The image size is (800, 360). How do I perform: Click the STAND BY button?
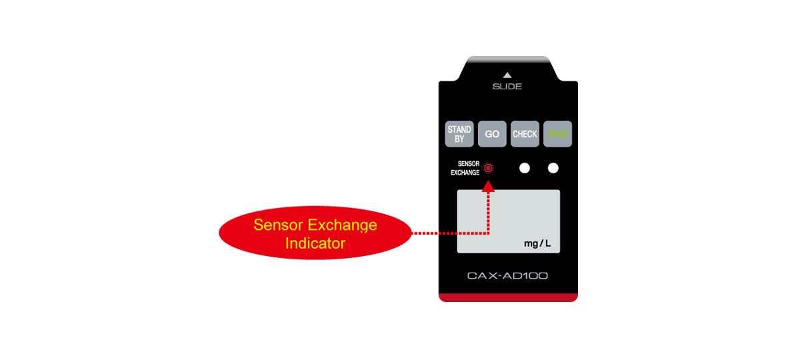tap(459, 134)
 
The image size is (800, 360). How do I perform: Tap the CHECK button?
tap(525, 134)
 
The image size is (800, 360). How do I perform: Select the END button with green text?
tap(557, 134)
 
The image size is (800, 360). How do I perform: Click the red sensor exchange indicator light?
tap(488, 168)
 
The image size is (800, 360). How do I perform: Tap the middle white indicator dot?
tap(525, 168)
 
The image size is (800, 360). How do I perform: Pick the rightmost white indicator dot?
tap(553, 168)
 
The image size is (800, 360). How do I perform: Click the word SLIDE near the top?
tap(507, 87)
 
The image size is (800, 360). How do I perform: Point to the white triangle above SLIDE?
tap(507, 75)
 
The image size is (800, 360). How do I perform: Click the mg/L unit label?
tap(537, 243)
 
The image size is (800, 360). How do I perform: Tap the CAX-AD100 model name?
tap(507, 276)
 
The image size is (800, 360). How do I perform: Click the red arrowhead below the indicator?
tap(488, 187)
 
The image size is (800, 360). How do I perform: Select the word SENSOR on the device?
tap(469, 163)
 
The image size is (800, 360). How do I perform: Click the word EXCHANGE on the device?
tap(465, 173)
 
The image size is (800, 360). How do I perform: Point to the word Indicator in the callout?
tap(315, 243)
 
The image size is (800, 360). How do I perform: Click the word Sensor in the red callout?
tap(278, 225)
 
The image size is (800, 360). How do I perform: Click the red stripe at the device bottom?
tap(508, 297)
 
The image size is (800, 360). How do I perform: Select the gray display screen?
tap(509, 221)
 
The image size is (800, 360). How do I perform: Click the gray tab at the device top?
tap(508, 59)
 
